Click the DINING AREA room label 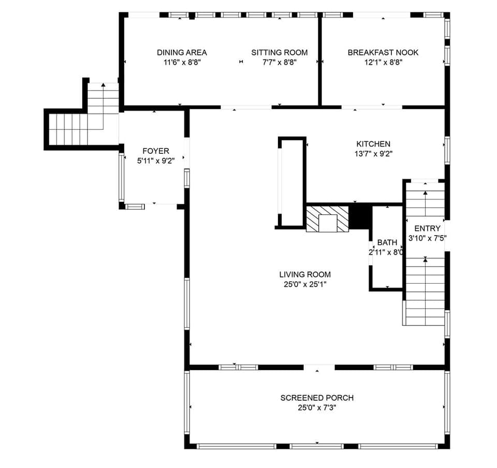(182, 52)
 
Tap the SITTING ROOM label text (280, 52)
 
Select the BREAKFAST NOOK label (383, 52)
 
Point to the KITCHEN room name (373, 144)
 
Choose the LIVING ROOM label (305, 274)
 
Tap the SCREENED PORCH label (317, 398)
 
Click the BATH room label (387, 242)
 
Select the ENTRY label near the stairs (428, 228)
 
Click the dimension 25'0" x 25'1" (305, 284)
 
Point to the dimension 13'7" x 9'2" (373, 154)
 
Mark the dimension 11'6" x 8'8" (182, 62)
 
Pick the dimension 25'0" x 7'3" (317, 407)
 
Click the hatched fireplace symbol (328, 219)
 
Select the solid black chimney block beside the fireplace (361, 216)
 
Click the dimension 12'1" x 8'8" (383, 62)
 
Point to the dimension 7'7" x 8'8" (280, 62)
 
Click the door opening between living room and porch (319, 368)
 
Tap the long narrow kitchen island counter (292, 182)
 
